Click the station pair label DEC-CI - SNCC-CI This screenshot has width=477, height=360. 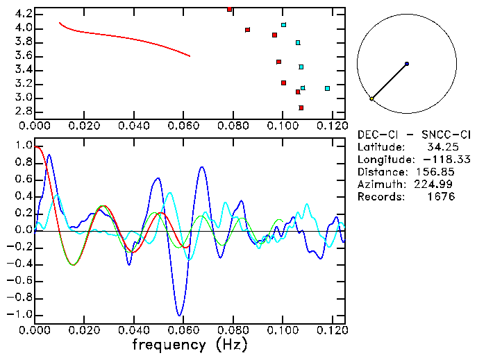tap(414, 134)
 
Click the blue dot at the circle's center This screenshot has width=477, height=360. tap(407, 64)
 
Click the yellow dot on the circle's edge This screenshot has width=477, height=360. tap(372, 98)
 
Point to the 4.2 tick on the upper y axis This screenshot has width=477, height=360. tap(23, 14)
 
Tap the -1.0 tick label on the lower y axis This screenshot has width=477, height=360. tap(21, 314)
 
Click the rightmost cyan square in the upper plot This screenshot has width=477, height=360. tap(327, 88)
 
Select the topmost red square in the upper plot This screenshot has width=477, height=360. tap(230, 9)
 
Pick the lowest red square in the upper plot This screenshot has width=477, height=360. tap(301, 108)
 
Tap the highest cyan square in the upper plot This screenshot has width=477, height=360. tap(284, 24)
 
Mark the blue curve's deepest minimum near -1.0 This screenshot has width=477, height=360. tap(180, 315)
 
